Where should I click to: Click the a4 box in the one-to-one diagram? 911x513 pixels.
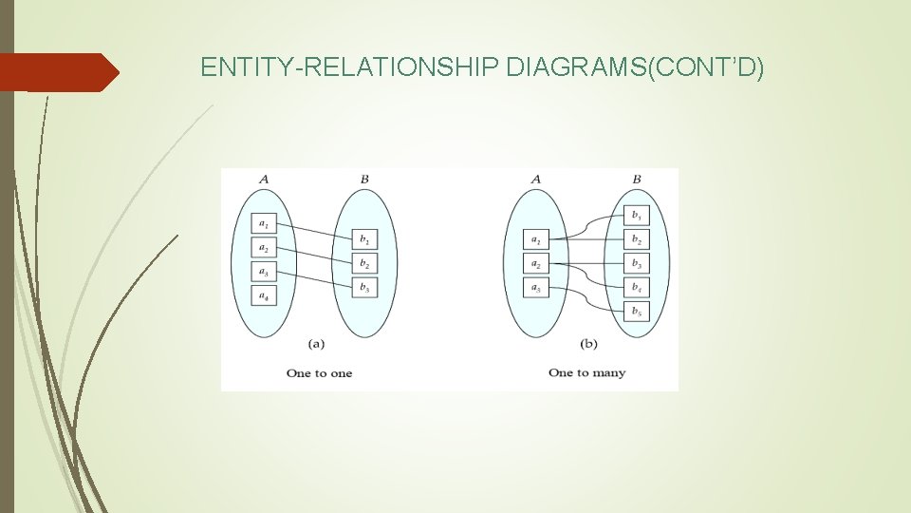[264, 294]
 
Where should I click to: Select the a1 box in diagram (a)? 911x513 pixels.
[264, 224]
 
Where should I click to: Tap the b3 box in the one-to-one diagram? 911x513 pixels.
[364, 286]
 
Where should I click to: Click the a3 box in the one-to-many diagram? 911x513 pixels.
[536, 287]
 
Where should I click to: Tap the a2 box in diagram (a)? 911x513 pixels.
[264, 248]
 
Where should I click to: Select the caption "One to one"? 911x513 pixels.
[319, 373]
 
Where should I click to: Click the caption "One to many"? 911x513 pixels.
[586, 372]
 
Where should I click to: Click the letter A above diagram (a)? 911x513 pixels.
[263, 179]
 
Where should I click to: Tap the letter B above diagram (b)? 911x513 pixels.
[637, 179]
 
